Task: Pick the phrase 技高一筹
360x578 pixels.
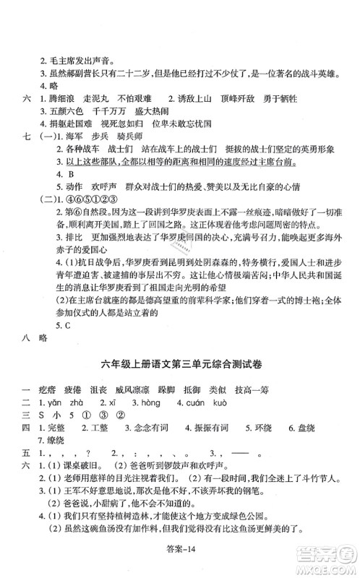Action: pyautogui.click(x=293, y=386)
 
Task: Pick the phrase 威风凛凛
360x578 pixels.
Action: pyautogui.click(x=153, y=386)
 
